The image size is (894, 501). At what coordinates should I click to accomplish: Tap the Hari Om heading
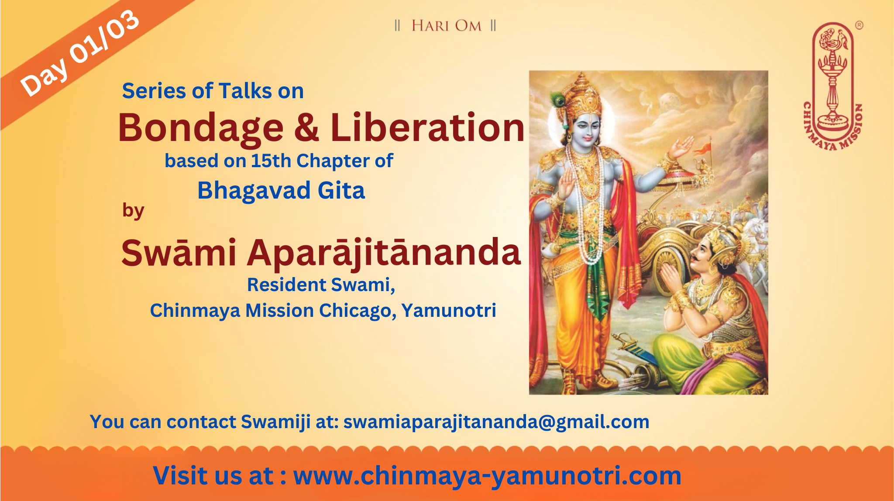(446, 26)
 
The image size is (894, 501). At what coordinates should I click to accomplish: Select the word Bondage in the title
(201, 128)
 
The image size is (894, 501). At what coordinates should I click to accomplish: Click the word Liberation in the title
(427, 127)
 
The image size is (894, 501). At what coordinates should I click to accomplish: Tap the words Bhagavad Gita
(281, 191)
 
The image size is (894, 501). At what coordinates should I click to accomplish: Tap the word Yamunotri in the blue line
(449, 311)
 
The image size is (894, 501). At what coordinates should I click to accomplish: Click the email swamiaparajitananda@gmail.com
(496, 422)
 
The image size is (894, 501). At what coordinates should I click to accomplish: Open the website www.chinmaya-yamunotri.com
(487, 476)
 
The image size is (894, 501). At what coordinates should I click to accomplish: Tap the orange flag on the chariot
(703, 148)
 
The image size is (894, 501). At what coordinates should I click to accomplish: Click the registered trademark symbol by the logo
(859, 25)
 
